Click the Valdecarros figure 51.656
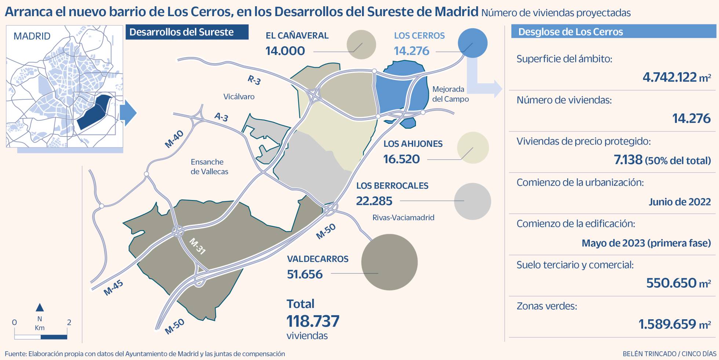click(304, 274)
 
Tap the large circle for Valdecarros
click(389, 262)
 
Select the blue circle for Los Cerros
click(472, 43)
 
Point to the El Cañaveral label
click(297, 36)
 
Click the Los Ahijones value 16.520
click(401, 159)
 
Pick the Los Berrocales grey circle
click(472, 201)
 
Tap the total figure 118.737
click(313, 321)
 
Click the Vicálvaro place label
click(239, 97)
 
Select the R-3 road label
click(254, 80)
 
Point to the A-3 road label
click(221, 117)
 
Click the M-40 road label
click(174, 139)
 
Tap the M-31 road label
click(197, 246)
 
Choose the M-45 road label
click(113, 288)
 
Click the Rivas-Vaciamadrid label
click(403, 217)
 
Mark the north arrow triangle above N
click(40, 307)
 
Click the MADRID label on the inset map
click(32, 36)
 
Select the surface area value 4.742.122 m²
click(676, 77)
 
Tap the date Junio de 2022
click(679, 201)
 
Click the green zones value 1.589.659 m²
click(675, 324)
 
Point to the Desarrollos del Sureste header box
click(187, 32)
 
